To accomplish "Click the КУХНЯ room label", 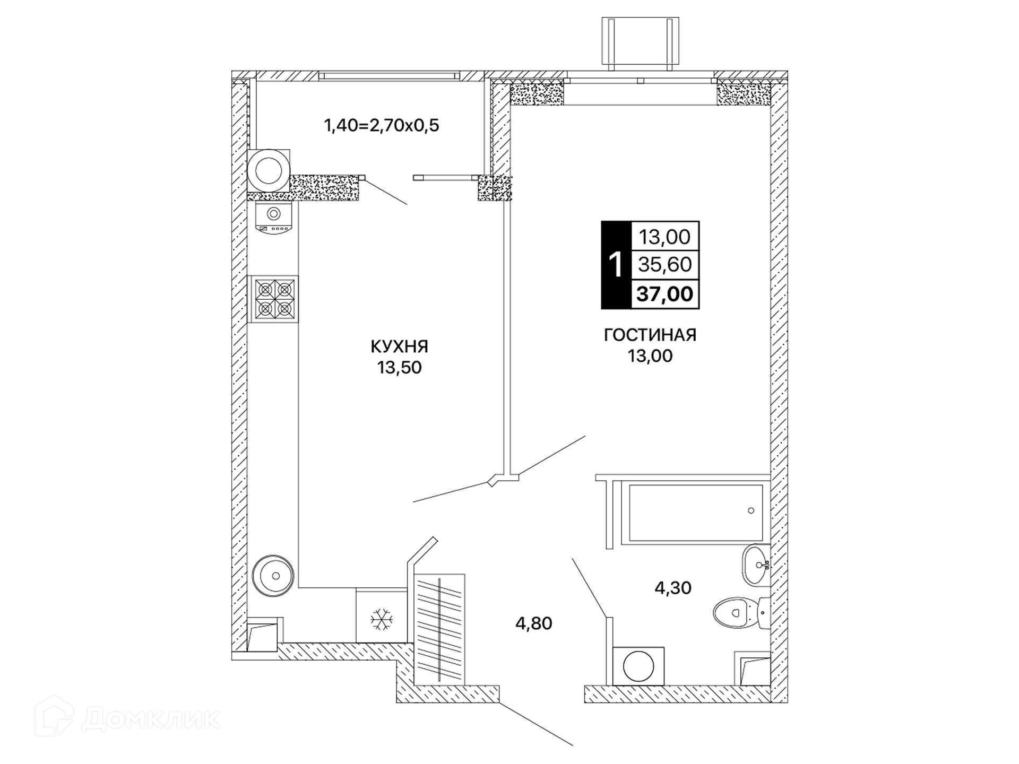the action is [399, 346].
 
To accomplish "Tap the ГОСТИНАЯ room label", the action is [650, 335].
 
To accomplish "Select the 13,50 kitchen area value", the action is [399, 368].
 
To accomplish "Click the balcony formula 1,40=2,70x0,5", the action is [382, 126].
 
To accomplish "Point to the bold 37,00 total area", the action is [665, 294].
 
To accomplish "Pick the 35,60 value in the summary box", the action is [665, 264].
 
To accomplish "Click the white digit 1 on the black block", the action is [616, 265].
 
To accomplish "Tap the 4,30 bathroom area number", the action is [673, 588].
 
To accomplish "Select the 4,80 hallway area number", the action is [534, 623].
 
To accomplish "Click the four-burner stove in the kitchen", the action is [274, 299].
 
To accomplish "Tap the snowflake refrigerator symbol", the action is [382, 619].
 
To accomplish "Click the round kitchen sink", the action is [273, 576].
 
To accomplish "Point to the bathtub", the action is [695, 513].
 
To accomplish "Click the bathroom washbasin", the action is [756, 565].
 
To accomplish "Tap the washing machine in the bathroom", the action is [638, 666].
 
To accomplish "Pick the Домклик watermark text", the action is [151, 719].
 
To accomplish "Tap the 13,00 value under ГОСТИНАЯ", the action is [650, 356].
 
